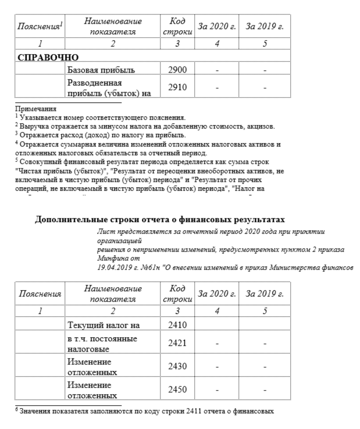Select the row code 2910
pyautogui.click(x=177, y=87)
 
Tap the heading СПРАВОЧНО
pyautogui.click(x=48, y=57)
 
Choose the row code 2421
pyautogui.click(x=177, y=343)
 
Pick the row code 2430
pyautogui.click(x=177, y=367)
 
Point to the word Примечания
pyautogui.click(x=36, y=109)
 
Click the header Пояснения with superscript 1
pyautogui.click(x=40, y=27)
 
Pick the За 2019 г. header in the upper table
pyautogui.click(x=265, y=27)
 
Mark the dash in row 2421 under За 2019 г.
pyautogui.click(x=265, y=343)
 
